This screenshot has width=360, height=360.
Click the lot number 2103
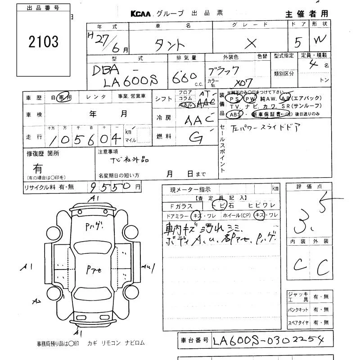43,42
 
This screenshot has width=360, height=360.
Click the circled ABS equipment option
235,114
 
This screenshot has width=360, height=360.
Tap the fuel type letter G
195,136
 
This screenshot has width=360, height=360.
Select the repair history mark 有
38,168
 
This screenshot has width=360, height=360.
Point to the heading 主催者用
306,14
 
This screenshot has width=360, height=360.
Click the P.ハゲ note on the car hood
94,227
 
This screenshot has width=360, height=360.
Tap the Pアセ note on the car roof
95,269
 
